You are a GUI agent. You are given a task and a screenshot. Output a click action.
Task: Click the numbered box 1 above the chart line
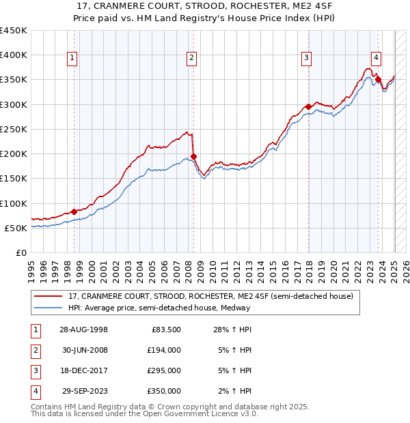(72, 59)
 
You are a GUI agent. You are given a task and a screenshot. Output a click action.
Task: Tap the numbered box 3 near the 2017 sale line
(307, 59)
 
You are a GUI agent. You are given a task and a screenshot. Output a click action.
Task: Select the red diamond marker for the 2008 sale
(193, 156)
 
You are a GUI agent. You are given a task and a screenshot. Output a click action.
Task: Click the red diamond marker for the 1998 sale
(74, 211)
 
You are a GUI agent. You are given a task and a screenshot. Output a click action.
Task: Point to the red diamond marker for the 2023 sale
(378, 79)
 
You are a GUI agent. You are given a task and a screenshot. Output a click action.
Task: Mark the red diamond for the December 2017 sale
(308, 106)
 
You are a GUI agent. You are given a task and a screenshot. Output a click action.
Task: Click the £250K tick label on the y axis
(14, 129)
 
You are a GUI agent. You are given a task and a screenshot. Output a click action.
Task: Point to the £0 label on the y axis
(21, 252)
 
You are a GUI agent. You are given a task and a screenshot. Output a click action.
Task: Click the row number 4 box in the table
(34, 391)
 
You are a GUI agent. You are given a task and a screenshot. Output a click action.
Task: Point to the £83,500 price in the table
(166, 329)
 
